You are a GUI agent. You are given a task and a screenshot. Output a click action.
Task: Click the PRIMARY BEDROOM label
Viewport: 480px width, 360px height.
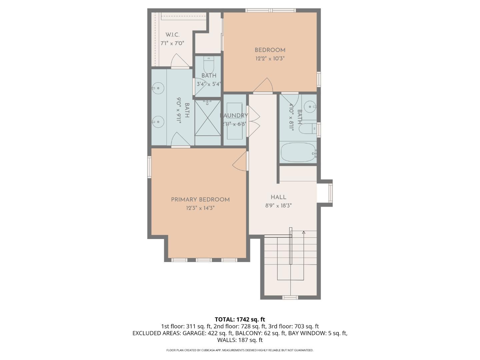[200, 200]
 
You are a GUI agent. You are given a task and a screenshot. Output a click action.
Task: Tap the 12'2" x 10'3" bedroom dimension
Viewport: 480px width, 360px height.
[270, 58]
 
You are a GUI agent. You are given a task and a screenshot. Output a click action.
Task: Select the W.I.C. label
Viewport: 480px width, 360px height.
[172, 35]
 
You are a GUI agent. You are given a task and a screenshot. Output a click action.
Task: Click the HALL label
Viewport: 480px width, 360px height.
[278, 197]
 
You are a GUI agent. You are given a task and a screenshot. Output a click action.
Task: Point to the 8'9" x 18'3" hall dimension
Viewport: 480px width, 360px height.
[278, 206]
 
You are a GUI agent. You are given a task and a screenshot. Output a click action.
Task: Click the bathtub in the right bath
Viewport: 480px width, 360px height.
[298, 152]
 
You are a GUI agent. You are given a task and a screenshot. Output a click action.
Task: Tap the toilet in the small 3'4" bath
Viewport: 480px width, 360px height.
[208, 64]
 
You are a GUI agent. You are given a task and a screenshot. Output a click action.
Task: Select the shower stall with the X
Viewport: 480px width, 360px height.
[208, 118]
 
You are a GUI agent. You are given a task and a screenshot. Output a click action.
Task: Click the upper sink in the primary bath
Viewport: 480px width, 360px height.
[158, 88]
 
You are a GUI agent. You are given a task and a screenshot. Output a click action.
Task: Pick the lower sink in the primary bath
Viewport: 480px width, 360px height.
[158, 122]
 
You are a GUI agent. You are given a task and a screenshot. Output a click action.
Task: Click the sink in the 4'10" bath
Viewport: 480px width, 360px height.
[310, 107]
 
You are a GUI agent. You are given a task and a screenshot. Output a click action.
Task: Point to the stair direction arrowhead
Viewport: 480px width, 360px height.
[303, 232]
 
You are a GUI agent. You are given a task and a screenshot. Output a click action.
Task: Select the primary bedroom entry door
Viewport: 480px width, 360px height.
[241, 162]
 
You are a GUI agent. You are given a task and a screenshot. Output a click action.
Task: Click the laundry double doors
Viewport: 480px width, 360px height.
[253, 122]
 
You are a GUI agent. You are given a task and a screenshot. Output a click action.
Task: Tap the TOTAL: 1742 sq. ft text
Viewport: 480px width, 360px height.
[240, 319]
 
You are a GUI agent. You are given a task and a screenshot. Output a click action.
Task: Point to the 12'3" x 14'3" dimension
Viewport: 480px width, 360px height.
[200, 208]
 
